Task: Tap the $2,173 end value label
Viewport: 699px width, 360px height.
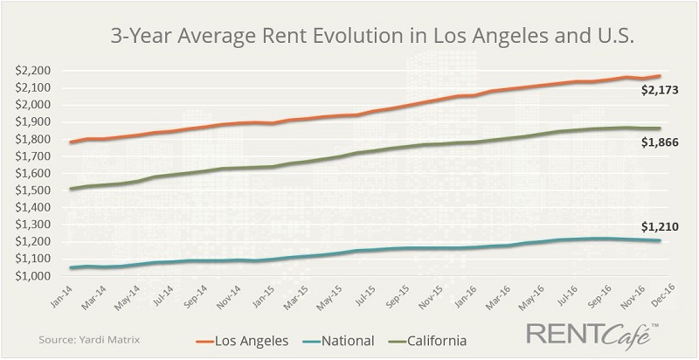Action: (660, 89)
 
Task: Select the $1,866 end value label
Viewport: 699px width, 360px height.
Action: (660, 141)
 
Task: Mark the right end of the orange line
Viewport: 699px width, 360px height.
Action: (659, 76)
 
